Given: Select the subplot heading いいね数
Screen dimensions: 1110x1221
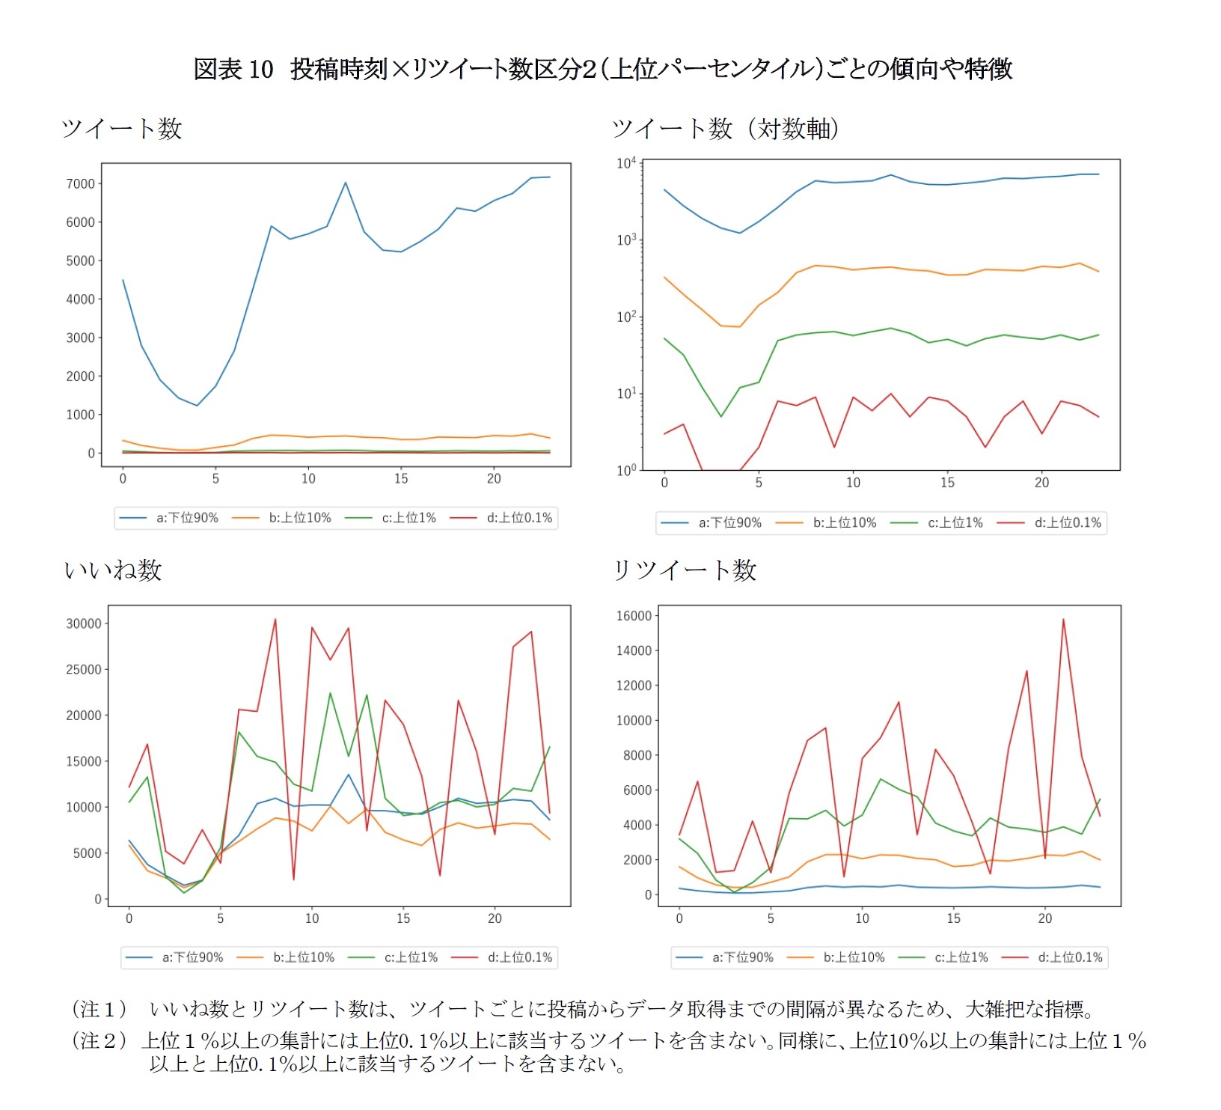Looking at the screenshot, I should [x=113, y=570].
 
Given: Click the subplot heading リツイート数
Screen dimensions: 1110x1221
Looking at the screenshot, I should [x=685, y=570].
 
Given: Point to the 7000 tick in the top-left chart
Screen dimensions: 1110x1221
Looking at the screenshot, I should [x=81, y=184].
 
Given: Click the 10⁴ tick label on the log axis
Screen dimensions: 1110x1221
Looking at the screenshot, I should [x=625, y=163].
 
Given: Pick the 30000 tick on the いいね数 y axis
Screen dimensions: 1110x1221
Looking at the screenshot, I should [x=83, y=623].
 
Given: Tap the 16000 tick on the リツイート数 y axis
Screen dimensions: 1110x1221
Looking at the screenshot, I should [x=634, y=616].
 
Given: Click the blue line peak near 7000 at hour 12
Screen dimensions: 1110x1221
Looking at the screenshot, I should [x=345, y=183].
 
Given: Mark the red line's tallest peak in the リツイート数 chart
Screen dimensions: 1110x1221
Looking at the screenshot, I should [x=1063, y=619].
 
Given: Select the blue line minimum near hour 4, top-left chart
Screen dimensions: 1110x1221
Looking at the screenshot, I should [x=197, y=406].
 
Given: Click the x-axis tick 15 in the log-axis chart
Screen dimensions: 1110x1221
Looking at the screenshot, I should [x=947, y=483].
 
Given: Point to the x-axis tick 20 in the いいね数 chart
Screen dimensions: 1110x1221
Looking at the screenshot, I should [x=495, y=918].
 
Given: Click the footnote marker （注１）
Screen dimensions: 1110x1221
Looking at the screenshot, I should [x=100, y=1010].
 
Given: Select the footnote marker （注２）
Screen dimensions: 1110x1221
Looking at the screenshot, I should [x=100, y=1041].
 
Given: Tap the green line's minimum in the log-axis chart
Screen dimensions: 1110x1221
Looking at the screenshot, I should [x=721, y=416].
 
